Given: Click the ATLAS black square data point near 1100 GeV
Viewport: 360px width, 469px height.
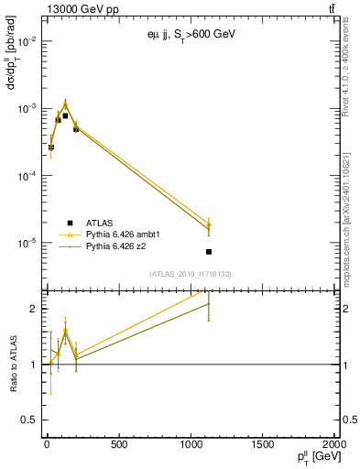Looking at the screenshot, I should (x=209, y=252).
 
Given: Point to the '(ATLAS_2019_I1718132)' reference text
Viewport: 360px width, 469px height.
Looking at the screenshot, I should (x=191, y=273).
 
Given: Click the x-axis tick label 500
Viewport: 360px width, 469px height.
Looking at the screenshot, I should (x=118, y=445).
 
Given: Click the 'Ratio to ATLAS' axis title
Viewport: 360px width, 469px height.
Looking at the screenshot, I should (x=12, y=364).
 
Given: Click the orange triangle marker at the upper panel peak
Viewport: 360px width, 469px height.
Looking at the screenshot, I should (x=65, y=103).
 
